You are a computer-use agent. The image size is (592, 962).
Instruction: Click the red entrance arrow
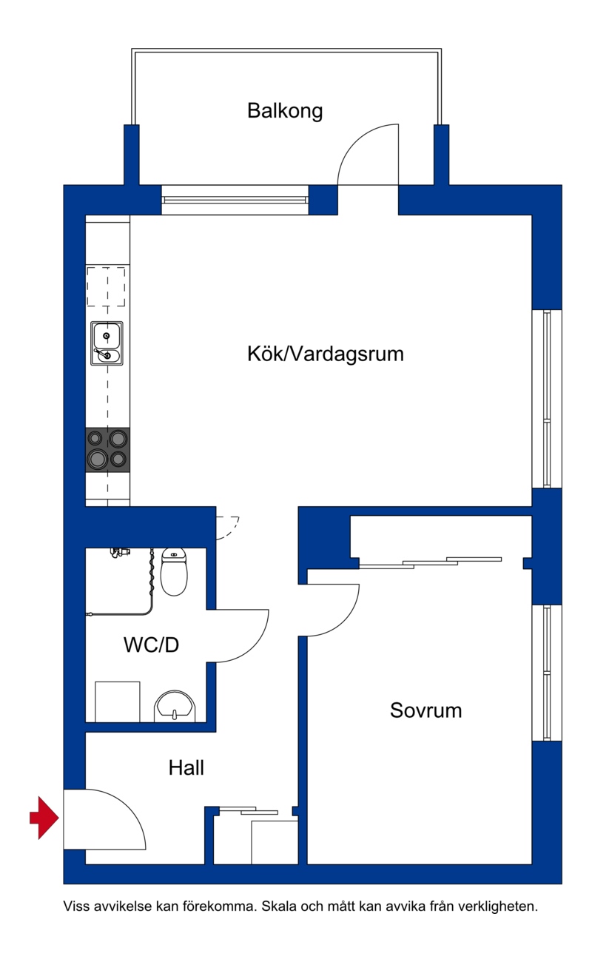(44, 818)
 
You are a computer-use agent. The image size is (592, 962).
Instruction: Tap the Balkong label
(285, 111)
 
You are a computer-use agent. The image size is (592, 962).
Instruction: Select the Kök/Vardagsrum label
(325, 354)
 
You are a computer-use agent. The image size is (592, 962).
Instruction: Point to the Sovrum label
(425, 710)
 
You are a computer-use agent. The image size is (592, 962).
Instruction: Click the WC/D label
(151, 645)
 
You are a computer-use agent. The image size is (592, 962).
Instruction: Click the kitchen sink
(107, 343)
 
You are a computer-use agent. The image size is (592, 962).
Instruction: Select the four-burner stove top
(107, 450)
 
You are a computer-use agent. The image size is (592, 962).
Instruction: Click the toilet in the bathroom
(174, 571)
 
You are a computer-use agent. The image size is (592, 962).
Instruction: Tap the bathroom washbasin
(175, 707)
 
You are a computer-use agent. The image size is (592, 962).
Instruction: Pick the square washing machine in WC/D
(117, 702)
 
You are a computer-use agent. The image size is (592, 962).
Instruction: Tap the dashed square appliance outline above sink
(106, 286)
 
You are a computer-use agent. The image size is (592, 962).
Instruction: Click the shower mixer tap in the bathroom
(118, 552)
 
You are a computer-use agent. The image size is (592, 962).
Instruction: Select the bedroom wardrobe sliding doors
(430, 562)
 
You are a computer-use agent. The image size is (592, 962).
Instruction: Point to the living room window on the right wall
(547, 399)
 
